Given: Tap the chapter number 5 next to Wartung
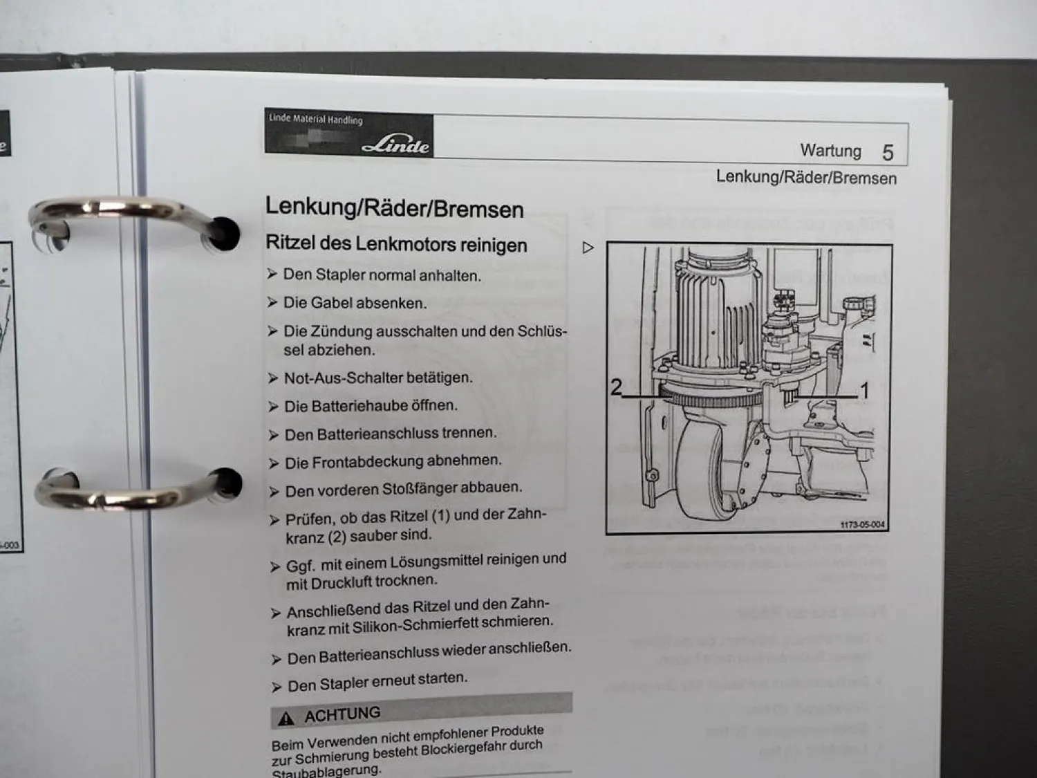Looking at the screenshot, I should coord(888,153).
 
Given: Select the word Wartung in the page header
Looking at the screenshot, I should coord(830,151).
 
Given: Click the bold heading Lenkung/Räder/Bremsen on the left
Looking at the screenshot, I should coord(394,208).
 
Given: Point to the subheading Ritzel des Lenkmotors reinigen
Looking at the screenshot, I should coord(396,244).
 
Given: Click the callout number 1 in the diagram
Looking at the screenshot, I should coord(863,391).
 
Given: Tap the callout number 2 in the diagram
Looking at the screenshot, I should coord(616,387).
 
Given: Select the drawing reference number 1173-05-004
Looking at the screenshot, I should coord(861,525).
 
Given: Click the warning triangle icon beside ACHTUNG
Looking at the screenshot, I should coord(286,719).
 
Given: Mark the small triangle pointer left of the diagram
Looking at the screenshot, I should coord(588,248).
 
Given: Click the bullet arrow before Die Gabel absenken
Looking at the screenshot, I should coord(272,303).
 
